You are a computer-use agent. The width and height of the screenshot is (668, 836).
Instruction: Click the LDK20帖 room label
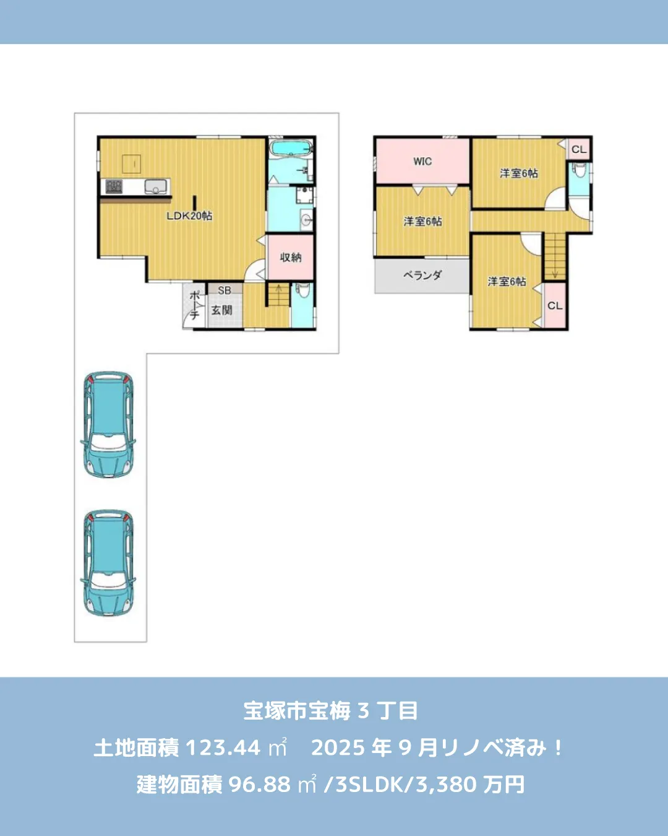coord(189,216)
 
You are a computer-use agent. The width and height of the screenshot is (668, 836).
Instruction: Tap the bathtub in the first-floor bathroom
coord(291,149)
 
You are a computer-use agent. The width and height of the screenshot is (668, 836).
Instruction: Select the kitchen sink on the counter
coord(156,185)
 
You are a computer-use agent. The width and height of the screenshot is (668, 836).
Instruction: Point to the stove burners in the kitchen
coord(114,186)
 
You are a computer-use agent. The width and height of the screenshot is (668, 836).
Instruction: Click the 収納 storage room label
coord(291,257)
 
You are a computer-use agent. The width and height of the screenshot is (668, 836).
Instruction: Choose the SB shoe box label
coord(225,290)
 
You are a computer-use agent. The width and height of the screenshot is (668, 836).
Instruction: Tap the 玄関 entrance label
coord(221,310)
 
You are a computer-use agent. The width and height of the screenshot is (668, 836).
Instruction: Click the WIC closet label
coord(422,161)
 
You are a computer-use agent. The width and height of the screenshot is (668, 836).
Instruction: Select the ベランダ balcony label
coord(422,274)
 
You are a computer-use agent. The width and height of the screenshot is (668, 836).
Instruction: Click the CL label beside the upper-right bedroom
coord(579,149)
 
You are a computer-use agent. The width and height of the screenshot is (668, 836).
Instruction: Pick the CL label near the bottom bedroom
coord(555,305)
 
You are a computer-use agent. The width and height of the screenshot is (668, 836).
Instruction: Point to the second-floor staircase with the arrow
coord(555,255)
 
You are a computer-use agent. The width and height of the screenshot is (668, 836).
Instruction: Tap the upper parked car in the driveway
coord(108,425)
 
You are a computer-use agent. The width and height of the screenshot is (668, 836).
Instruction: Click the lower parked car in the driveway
coord(108,563)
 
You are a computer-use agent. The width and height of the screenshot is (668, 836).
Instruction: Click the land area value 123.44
coord(223,747)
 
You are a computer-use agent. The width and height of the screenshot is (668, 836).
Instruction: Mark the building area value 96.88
coord(259,785)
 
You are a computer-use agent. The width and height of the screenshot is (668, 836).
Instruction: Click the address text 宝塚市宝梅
coord(297,710)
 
